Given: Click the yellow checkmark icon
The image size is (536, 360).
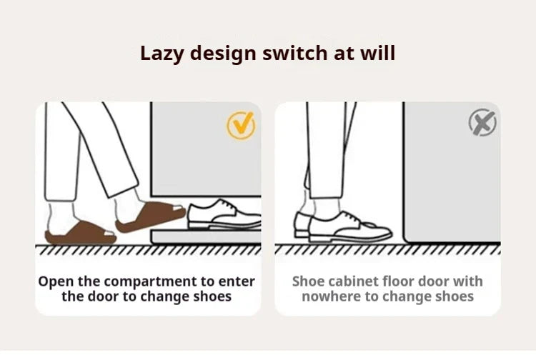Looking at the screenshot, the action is pyautogui.click(x=241, y=125).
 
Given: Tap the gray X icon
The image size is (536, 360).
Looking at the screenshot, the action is pyautogui.click(x=482, y=122).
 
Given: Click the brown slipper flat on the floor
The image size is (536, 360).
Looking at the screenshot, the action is pyautogui.click(x=81, y=234).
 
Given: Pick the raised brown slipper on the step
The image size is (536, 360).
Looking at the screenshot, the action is pyautogui.click(x=150, y=216).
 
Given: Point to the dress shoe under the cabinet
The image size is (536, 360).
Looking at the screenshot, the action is pyautogui.click(x=224, y=215).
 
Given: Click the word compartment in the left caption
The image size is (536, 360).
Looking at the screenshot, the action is pyautogui.click(x=150, y=282).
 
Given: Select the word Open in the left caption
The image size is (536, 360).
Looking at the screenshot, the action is pyautogui.click(x=56, y=282).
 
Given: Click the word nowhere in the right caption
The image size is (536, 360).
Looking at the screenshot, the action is pyautogui.click(x=332, y=296).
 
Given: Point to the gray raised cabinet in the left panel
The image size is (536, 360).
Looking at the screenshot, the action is pyautogui.click(x=206, y=149).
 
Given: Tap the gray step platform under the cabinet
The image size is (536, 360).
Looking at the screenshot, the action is pyautogui.click(x=206, y=237).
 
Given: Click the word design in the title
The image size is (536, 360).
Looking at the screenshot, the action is pyautogui.click(x=222, y=54).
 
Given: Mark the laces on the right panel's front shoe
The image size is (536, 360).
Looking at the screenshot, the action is pyautogui.click(x=349, y=216).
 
